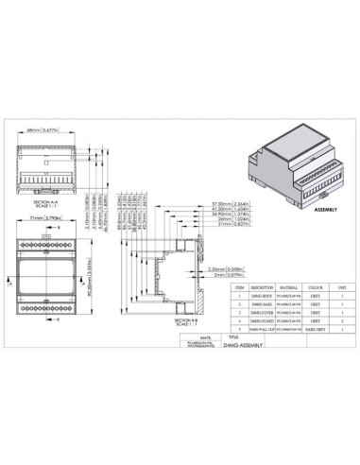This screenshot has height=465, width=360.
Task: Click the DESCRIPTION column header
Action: (264, 284)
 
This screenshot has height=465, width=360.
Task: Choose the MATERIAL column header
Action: (290, 284)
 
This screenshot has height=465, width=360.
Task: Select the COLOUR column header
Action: (316, 284)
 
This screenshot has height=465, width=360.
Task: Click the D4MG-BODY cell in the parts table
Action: (264, 296)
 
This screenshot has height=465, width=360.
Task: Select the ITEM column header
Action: (239, 284)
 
